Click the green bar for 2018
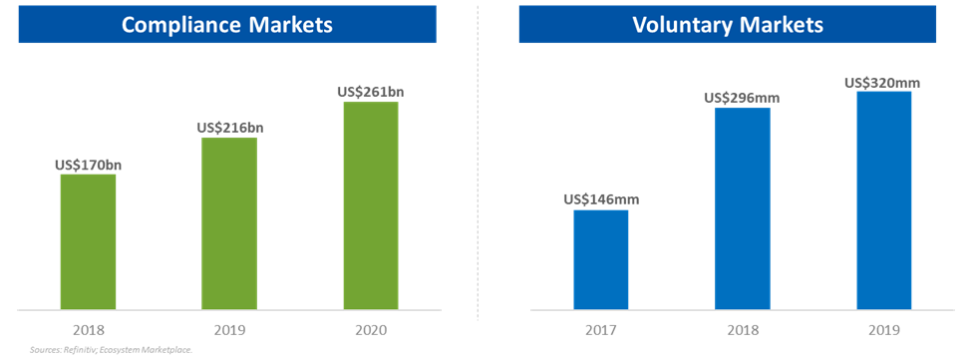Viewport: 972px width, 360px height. [x=88, y=241]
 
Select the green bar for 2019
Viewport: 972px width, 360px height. [x=229, y=223]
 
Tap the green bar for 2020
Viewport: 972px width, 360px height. [x=371, y=205]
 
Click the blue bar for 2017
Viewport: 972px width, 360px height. [x=601, y=259]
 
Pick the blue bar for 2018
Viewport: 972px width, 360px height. [x=742, y=208]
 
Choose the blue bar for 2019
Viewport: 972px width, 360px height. [x=883, y=200]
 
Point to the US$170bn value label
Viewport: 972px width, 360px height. [x=88, y=165]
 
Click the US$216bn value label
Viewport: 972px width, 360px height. [x=229, y=128]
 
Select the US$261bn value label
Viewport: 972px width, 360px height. [x=371, y=92]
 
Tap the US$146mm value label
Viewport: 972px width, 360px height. [x=601, y=199]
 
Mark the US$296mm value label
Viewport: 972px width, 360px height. [x=742, y=98]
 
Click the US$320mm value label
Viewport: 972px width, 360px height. [x=883, y=83]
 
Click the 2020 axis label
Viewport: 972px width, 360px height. [x=371, y=329]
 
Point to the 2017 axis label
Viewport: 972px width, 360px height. [x=601, y=329]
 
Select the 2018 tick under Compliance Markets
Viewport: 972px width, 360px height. [x=88, y=329]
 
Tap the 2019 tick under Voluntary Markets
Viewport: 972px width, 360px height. [x=883, y=329]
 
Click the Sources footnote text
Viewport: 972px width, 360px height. [x=110, y=350]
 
